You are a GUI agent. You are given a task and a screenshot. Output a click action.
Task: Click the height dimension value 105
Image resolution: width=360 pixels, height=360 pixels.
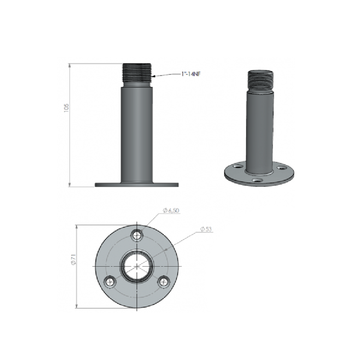click(66, 108)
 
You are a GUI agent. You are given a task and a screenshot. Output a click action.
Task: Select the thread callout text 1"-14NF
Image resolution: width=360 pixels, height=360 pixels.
click(191, 74)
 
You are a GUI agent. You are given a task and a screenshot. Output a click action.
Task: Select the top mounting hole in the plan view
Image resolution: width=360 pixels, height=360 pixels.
click(137, 235)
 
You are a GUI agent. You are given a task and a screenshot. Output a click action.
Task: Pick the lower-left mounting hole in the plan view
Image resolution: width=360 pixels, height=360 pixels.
click(110, 282)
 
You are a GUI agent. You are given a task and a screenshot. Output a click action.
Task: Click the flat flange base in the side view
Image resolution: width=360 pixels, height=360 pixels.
click(136, 185)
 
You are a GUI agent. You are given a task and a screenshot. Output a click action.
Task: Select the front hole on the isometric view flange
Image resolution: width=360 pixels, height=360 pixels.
click(257, 180)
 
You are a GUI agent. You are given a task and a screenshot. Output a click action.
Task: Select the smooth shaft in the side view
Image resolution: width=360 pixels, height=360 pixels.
click(137, 133)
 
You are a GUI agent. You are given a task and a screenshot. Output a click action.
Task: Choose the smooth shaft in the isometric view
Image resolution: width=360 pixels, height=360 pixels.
click(259, 129)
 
